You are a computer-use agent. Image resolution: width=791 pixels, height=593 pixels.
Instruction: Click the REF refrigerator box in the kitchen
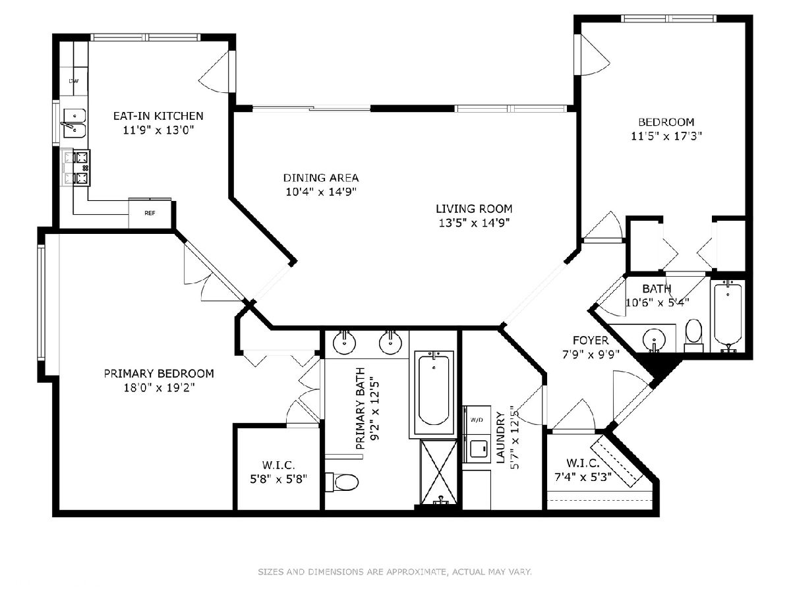(150, 213)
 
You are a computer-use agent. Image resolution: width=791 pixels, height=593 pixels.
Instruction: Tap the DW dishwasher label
(74, 81)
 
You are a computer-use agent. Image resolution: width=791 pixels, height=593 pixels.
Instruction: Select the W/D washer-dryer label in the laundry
(477, 420)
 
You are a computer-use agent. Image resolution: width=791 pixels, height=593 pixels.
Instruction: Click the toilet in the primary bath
(342, 482)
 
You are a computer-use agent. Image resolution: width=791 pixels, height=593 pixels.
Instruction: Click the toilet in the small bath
(693, 336)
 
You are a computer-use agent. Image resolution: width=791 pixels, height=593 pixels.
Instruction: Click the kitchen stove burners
(76, 168)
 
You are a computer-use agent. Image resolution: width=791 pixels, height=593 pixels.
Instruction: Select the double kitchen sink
(74, 123)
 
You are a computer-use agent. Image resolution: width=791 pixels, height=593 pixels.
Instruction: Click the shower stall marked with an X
(438, 472)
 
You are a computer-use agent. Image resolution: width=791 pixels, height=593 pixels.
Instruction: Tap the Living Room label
(474, 209)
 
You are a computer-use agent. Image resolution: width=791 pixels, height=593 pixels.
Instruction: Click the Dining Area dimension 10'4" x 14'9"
(321, 192)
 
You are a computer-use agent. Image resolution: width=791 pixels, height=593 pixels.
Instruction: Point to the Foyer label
(591, 340)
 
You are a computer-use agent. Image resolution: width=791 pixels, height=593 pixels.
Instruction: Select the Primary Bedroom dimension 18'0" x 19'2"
(159, 388)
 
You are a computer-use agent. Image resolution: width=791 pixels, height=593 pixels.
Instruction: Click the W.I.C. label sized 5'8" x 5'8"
(279, 465)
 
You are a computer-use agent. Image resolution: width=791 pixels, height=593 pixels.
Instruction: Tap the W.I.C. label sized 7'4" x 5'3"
(583, 463)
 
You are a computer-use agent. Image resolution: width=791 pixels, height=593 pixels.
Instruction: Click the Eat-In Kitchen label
(158, 116)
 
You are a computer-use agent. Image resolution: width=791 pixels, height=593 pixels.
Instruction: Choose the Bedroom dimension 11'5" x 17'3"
(666, 136)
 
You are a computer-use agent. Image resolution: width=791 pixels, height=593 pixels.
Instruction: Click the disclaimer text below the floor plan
(395, 572)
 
